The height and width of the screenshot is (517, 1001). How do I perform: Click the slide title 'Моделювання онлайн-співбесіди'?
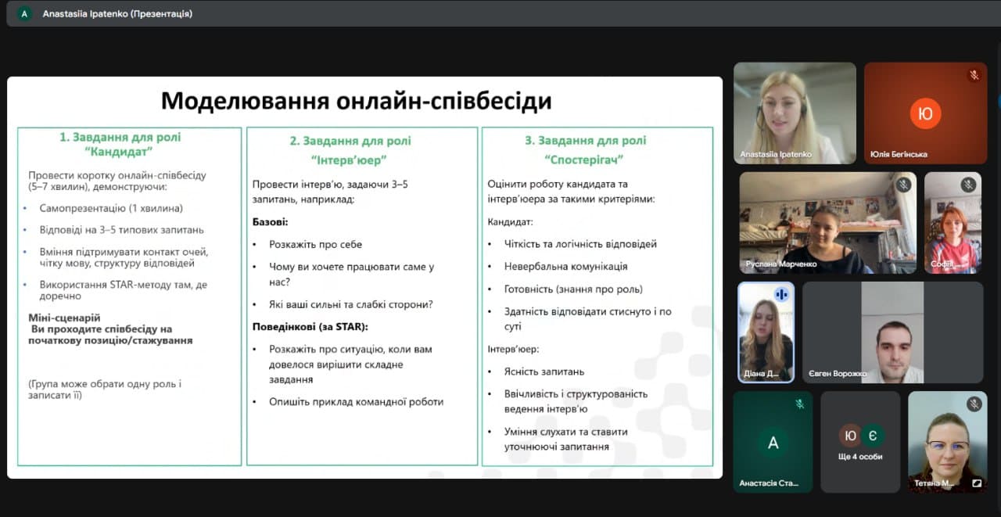click(356, 101)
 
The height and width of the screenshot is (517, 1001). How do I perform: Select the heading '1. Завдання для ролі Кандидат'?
click(120, 145)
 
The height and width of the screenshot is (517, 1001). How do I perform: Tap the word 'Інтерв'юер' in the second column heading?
click(349, 160)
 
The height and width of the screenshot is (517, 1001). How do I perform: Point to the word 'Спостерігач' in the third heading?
click(584, 160)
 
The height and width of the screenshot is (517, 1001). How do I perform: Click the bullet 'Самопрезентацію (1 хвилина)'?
click(111, 208)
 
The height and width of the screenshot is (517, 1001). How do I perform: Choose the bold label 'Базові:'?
click(271, 222)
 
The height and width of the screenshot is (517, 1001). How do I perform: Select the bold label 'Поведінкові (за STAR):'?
click(310, 327)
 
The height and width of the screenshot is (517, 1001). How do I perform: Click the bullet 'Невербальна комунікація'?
click(565, 266)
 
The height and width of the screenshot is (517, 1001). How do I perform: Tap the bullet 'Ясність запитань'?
click(544, 372)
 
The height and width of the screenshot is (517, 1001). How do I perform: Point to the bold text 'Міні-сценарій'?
click(64, 318)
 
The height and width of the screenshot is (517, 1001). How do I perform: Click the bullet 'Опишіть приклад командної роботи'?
click(356, 402)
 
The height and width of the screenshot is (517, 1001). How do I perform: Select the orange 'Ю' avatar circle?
click(925, 113)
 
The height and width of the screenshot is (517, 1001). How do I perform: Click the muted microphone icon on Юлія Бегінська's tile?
click(974, 75)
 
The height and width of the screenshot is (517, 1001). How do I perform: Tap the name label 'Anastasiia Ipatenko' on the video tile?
click(776, 154)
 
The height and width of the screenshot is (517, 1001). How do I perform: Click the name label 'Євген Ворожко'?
click(837, 374)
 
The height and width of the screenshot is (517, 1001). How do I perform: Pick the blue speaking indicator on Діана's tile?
click(781, 294)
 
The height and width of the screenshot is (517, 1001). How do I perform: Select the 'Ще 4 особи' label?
click(860, 457)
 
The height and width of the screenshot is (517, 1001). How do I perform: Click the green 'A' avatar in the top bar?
click(24, 14)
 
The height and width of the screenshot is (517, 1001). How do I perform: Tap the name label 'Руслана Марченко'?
click(781, 264)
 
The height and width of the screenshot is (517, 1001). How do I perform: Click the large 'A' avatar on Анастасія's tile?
click(773, 443)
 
